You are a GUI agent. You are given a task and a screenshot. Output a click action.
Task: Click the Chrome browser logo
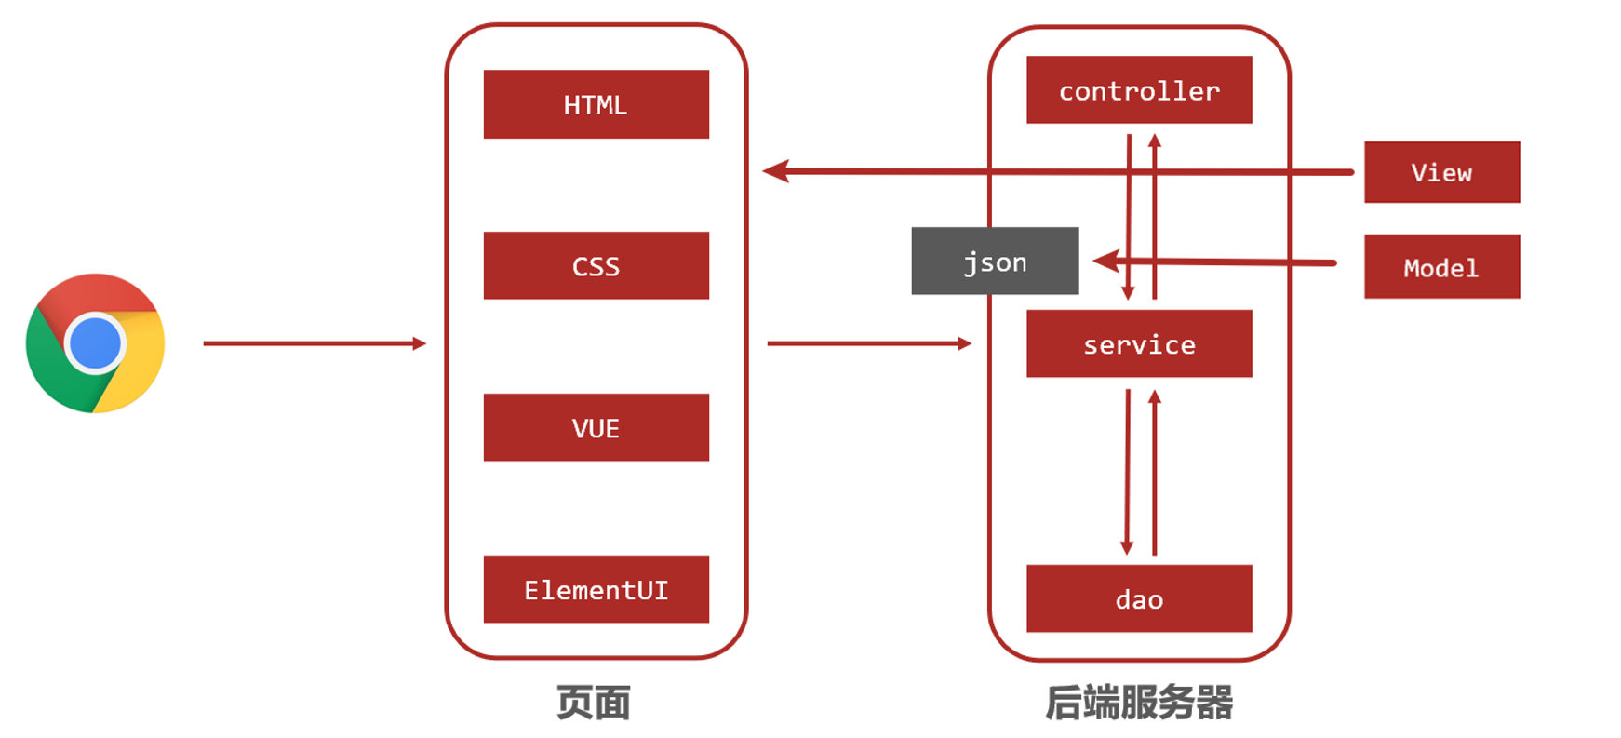[95, 343]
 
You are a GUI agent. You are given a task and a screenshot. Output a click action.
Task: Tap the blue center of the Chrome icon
[95, 342]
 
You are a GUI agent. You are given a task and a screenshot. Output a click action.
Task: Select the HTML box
[596, 104]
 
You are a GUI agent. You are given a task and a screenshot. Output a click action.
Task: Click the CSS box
[596, 265]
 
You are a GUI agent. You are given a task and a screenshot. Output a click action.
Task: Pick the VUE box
[596, 427]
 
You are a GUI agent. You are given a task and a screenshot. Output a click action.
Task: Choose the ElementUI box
[596, 589]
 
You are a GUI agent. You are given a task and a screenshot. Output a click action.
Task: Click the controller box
[1139, 90]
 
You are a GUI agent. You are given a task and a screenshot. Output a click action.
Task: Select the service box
[1139, 343]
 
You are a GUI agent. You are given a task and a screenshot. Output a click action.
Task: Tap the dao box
[1139, 598]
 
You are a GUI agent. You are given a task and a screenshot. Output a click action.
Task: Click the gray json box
[994, 261]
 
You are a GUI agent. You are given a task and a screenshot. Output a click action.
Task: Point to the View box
[1441, 172]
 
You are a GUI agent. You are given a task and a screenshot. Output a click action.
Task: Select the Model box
[1441, 267]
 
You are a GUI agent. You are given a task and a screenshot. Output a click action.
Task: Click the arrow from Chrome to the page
[314, 343]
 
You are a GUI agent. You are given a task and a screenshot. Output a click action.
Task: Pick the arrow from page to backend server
[868, 343]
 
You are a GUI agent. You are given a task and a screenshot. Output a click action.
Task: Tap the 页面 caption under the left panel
[594, 703]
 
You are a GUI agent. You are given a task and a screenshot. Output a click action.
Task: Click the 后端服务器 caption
[1139, 703]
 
